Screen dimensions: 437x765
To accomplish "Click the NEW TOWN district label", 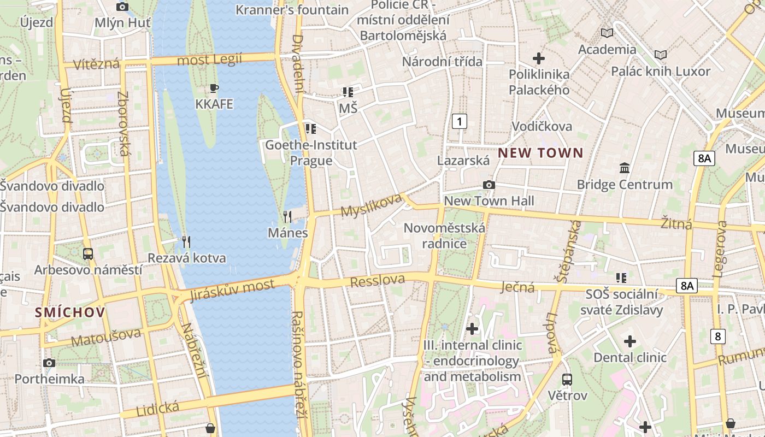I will [540, 153].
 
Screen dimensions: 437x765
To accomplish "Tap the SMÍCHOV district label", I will [69, 312].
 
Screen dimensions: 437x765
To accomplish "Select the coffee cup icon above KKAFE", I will [214, 88].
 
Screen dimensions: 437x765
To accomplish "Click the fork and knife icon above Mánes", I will [288, 217].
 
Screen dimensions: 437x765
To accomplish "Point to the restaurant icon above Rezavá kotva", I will [186, 242].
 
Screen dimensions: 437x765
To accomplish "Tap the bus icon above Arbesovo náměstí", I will [87, 254].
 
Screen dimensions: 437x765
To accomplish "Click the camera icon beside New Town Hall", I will [489, 185].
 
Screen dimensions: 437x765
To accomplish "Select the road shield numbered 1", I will [460, 121].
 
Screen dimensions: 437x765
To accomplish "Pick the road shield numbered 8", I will [718, 336].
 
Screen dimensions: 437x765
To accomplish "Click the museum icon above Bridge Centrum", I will [625, 168].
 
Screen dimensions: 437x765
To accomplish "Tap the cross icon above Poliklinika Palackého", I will [539, 58].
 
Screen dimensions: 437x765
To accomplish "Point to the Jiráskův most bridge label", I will [232, 290].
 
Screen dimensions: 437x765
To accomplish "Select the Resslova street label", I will [378, 281].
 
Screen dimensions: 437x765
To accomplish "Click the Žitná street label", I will [676, 223].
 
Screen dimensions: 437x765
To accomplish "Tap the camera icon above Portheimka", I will [49, 363].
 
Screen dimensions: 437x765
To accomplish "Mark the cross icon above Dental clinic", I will [630, 342].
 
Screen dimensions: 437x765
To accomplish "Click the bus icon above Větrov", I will [567, 379].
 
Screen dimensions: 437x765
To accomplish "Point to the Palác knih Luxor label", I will [661, 71].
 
